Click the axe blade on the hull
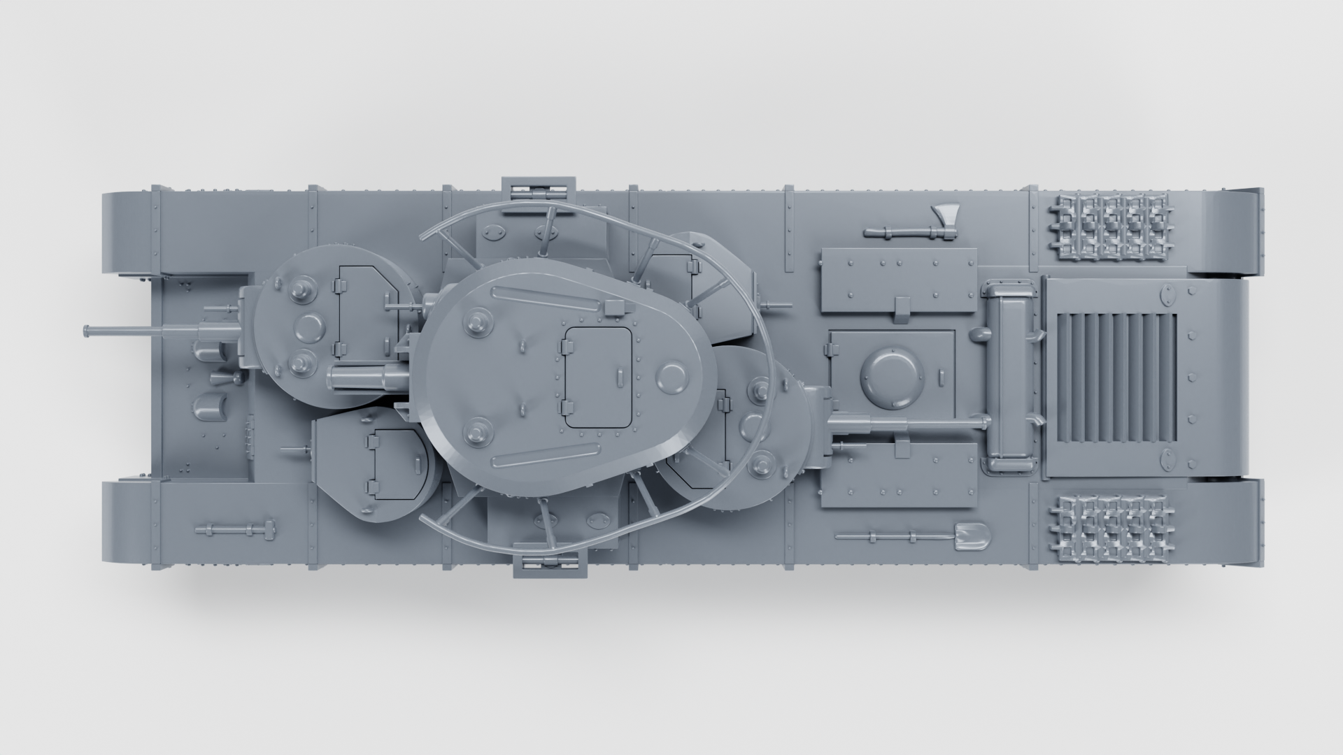tap(941, 214)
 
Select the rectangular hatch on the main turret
tap(598, 377)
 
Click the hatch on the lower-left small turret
tap(393, 461)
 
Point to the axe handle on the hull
tap(895, 231)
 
